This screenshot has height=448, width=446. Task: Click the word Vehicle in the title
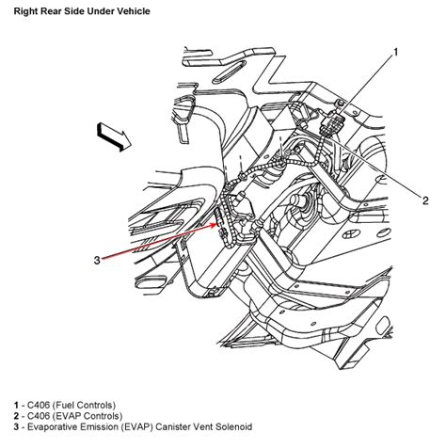click(134, 11)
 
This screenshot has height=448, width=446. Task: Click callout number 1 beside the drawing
click(395, 52)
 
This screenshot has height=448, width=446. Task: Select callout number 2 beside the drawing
click(425, 200)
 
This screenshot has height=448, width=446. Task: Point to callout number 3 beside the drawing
click(97, 260)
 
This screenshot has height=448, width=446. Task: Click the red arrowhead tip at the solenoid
click(217, 224)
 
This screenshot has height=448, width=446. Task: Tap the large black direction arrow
click(114, 136)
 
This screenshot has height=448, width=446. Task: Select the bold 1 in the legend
click(16, 405)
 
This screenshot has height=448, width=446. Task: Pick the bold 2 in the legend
click(16, 416)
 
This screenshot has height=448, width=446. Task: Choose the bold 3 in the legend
click(16, 427)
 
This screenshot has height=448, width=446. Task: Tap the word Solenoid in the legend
click(233, 427)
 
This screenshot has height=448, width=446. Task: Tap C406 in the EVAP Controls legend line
click(39, 416)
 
